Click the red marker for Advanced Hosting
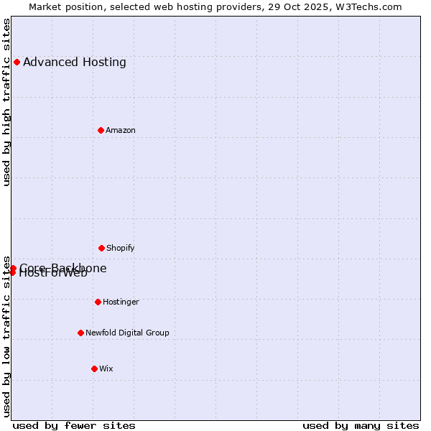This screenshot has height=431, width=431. tap(17, 62)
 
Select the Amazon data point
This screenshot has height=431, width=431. tap(101, 130)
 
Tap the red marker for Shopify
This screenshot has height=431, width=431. tap(101, 248)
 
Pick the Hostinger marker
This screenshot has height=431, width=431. tap(98, 302)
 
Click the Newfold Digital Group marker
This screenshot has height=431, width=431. tap(80, 333)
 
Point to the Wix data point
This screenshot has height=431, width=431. tap(94, 369)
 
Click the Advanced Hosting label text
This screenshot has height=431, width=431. tap(75, 62)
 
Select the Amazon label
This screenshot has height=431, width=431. tap(121, 130)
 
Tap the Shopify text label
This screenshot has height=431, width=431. tap(121, 248)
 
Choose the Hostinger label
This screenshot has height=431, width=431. tap(121, 302)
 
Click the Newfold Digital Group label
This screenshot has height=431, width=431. tap(127, 333)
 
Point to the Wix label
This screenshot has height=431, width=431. tap(106, 369)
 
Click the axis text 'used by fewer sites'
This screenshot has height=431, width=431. tap(74, 425)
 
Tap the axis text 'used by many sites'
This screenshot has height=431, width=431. tap(361, 425)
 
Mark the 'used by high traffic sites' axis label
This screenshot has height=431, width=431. tap(7, 102)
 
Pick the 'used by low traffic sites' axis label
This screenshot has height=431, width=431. tap(7, 336)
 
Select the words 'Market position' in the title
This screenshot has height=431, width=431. tap(62, 6)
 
